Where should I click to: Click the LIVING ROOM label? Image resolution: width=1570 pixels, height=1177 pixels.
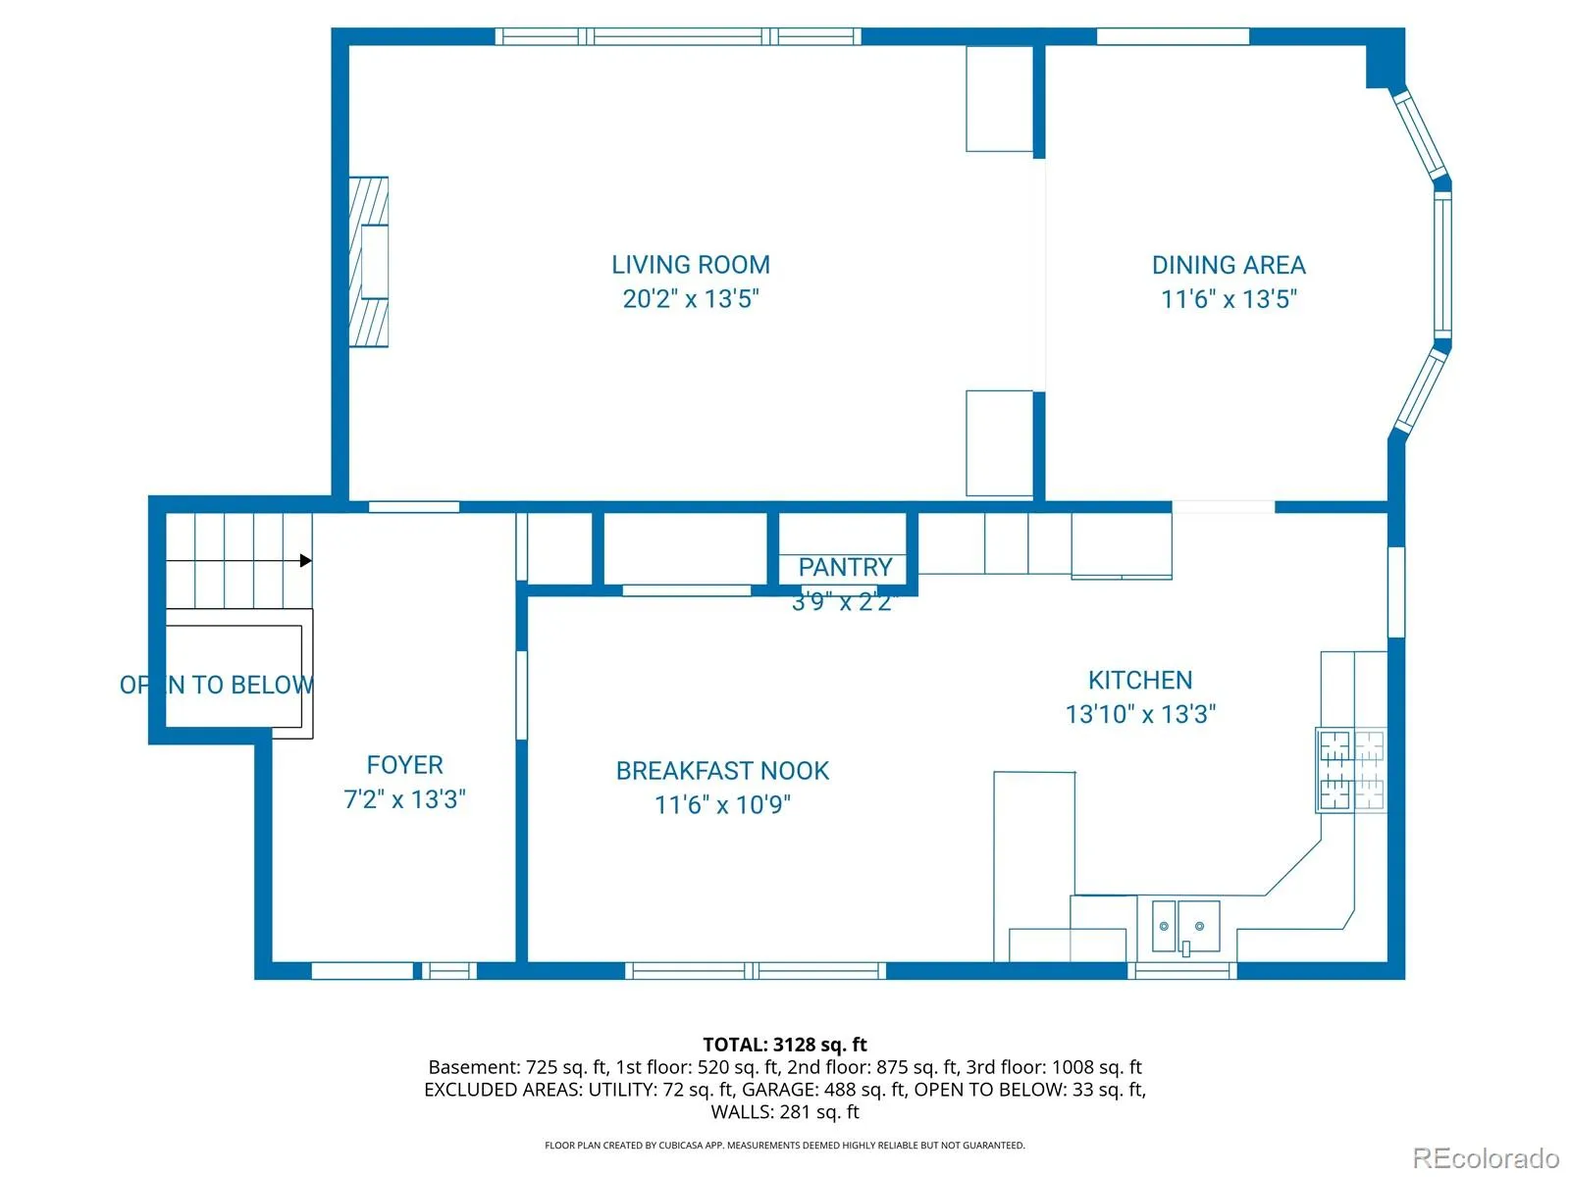pyautogui.click(x=690, y=265)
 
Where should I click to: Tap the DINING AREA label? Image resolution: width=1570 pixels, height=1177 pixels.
pyautogui.click(x=1229, y=265)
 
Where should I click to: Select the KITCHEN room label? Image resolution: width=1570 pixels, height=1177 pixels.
pyautogui.click(x=1140, y=680)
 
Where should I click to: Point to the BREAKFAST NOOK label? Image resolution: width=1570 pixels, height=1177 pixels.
pyautogui.click(x=722, y=770)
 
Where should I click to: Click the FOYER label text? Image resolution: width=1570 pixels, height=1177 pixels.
pyautogui.click(x=405, y=765)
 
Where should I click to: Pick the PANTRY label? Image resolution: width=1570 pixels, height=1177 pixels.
pyautogui.click(x=845, y=567)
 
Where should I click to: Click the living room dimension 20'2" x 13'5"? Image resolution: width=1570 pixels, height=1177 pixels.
pyautogui.click(x=690, y=298)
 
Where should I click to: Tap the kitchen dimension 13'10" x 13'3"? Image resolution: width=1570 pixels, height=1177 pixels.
pyautogui.click(x=1140, y=713)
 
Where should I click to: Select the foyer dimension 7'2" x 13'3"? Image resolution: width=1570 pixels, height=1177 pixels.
pyautogui.click(x=405, y=798)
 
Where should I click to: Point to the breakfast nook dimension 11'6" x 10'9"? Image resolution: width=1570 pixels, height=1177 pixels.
pyautogui.click(x=722, y=804)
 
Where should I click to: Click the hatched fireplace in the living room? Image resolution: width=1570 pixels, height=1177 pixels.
pyautogui.click(x=368, y=262)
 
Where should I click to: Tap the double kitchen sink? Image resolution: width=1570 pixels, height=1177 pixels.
pyautogui.click(x=1185, y=926)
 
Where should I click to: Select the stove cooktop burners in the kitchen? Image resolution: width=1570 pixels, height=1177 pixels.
pyautogui.click(x=1351, y=770)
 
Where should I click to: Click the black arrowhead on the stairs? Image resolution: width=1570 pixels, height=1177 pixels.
pyautogui.click(x=305, y=560)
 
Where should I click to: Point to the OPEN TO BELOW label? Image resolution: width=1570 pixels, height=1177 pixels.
pyautogui.click(x=217, y=685)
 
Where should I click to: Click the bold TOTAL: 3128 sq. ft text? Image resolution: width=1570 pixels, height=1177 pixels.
pyautogui.click(x=785, y=1044)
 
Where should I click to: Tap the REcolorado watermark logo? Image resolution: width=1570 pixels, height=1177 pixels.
pyautogui.click(x=1486, y=1157)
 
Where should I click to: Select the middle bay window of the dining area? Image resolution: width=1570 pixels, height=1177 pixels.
pyautogui.click(x=1442, y=266)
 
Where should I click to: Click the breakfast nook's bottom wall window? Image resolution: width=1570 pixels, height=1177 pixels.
pyautogui.click(x=756, y=970)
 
